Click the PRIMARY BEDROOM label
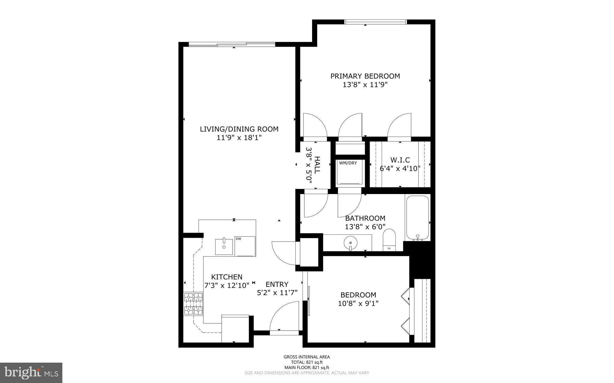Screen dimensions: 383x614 pyautogui.click(x=365, y=76)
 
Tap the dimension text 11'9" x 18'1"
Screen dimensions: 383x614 pyautogui.click(x=239, y=138)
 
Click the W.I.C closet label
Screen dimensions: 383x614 pyautogui.click(x=400, y=160)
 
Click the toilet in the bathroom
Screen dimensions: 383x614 pyautogui.click(x=389, y=240)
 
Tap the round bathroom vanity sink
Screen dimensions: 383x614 pyautogui.click(x=350, y=242)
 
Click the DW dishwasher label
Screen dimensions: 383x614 pyautogui.click(x=239, y=239)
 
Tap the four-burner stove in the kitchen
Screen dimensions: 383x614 pyautogui.click(x=193, y=304)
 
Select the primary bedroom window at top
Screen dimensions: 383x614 pyautogui.click(x=375, y=22)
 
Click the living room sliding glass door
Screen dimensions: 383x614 pyautogui.click(x=232, y=44)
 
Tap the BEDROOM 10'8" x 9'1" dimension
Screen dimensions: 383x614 pyautogui.click(x=358, y=303)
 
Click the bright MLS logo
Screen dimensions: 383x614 pyautogui.click(x=31, y=373)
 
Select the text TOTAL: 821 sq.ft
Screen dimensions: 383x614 pyautogui.click(x=307, y=362)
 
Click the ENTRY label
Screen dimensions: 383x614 pyautogui.click(x=277, y=284)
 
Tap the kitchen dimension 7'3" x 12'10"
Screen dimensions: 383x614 pyautogui.click(x=227, y=285)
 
